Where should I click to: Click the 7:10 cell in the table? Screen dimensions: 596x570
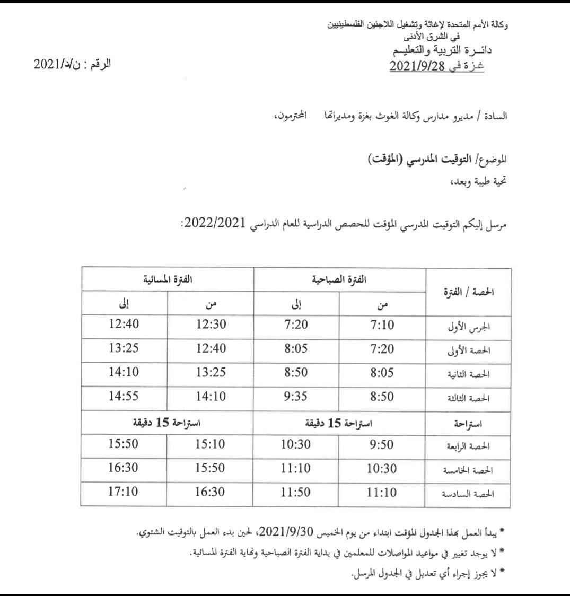[x=383, y=325]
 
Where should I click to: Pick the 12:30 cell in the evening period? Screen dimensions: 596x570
[x=211, y=325]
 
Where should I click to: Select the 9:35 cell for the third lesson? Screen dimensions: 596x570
[x=296, y=396]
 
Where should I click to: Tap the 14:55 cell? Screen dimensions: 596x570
[x=124, y=396]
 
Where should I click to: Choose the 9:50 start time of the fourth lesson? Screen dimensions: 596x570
[x=383, y=445]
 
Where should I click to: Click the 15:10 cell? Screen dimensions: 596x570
[x=211, y=445]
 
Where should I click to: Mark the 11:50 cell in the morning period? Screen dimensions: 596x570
[x=296, y=493]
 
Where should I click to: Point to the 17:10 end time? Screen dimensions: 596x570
[x=124, y=493]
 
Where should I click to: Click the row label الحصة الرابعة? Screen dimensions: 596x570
[x=472, y=447]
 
